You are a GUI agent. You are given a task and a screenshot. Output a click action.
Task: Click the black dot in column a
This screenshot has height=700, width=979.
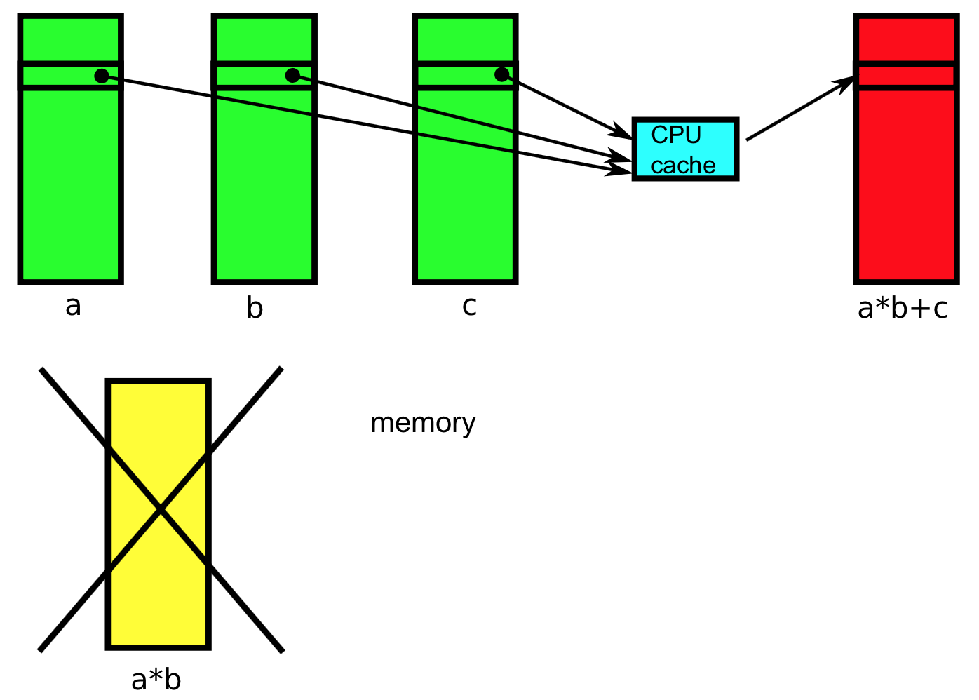102,76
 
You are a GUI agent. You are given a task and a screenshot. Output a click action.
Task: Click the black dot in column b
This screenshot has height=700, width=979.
292,75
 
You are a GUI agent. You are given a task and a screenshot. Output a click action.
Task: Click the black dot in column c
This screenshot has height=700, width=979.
501,74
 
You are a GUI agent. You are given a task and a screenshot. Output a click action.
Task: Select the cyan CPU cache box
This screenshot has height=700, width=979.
685,149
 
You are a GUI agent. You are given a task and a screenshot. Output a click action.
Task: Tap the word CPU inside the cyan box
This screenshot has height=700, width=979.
675,135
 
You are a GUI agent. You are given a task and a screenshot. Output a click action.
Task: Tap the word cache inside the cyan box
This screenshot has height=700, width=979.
683,166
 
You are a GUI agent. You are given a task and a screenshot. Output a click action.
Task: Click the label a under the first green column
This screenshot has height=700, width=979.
73,307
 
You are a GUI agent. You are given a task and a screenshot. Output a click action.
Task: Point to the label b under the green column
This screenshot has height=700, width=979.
255,308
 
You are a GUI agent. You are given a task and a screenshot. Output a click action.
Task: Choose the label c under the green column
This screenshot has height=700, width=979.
469,307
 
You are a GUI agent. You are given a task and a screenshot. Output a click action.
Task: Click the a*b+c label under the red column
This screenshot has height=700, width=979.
903,309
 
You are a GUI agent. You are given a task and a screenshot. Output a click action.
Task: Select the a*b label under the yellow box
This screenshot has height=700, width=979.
156,680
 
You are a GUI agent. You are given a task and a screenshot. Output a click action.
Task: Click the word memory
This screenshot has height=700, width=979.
423,423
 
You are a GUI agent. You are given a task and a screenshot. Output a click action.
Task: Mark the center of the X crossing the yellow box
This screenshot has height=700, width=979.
161,510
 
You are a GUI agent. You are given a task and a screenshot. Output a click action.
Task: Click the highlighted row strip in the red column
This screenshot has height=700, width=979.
906,76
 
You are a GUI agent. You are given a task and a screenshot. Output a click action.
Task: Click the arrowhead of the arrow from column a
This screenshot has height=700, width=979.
621,170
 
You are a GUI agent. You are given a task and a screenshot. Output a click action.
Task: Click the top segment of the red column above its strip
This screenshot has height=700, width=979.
906,39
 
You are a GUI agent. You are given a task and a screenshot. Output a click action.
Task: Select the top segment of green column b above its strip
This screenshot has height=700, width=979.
264,39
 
